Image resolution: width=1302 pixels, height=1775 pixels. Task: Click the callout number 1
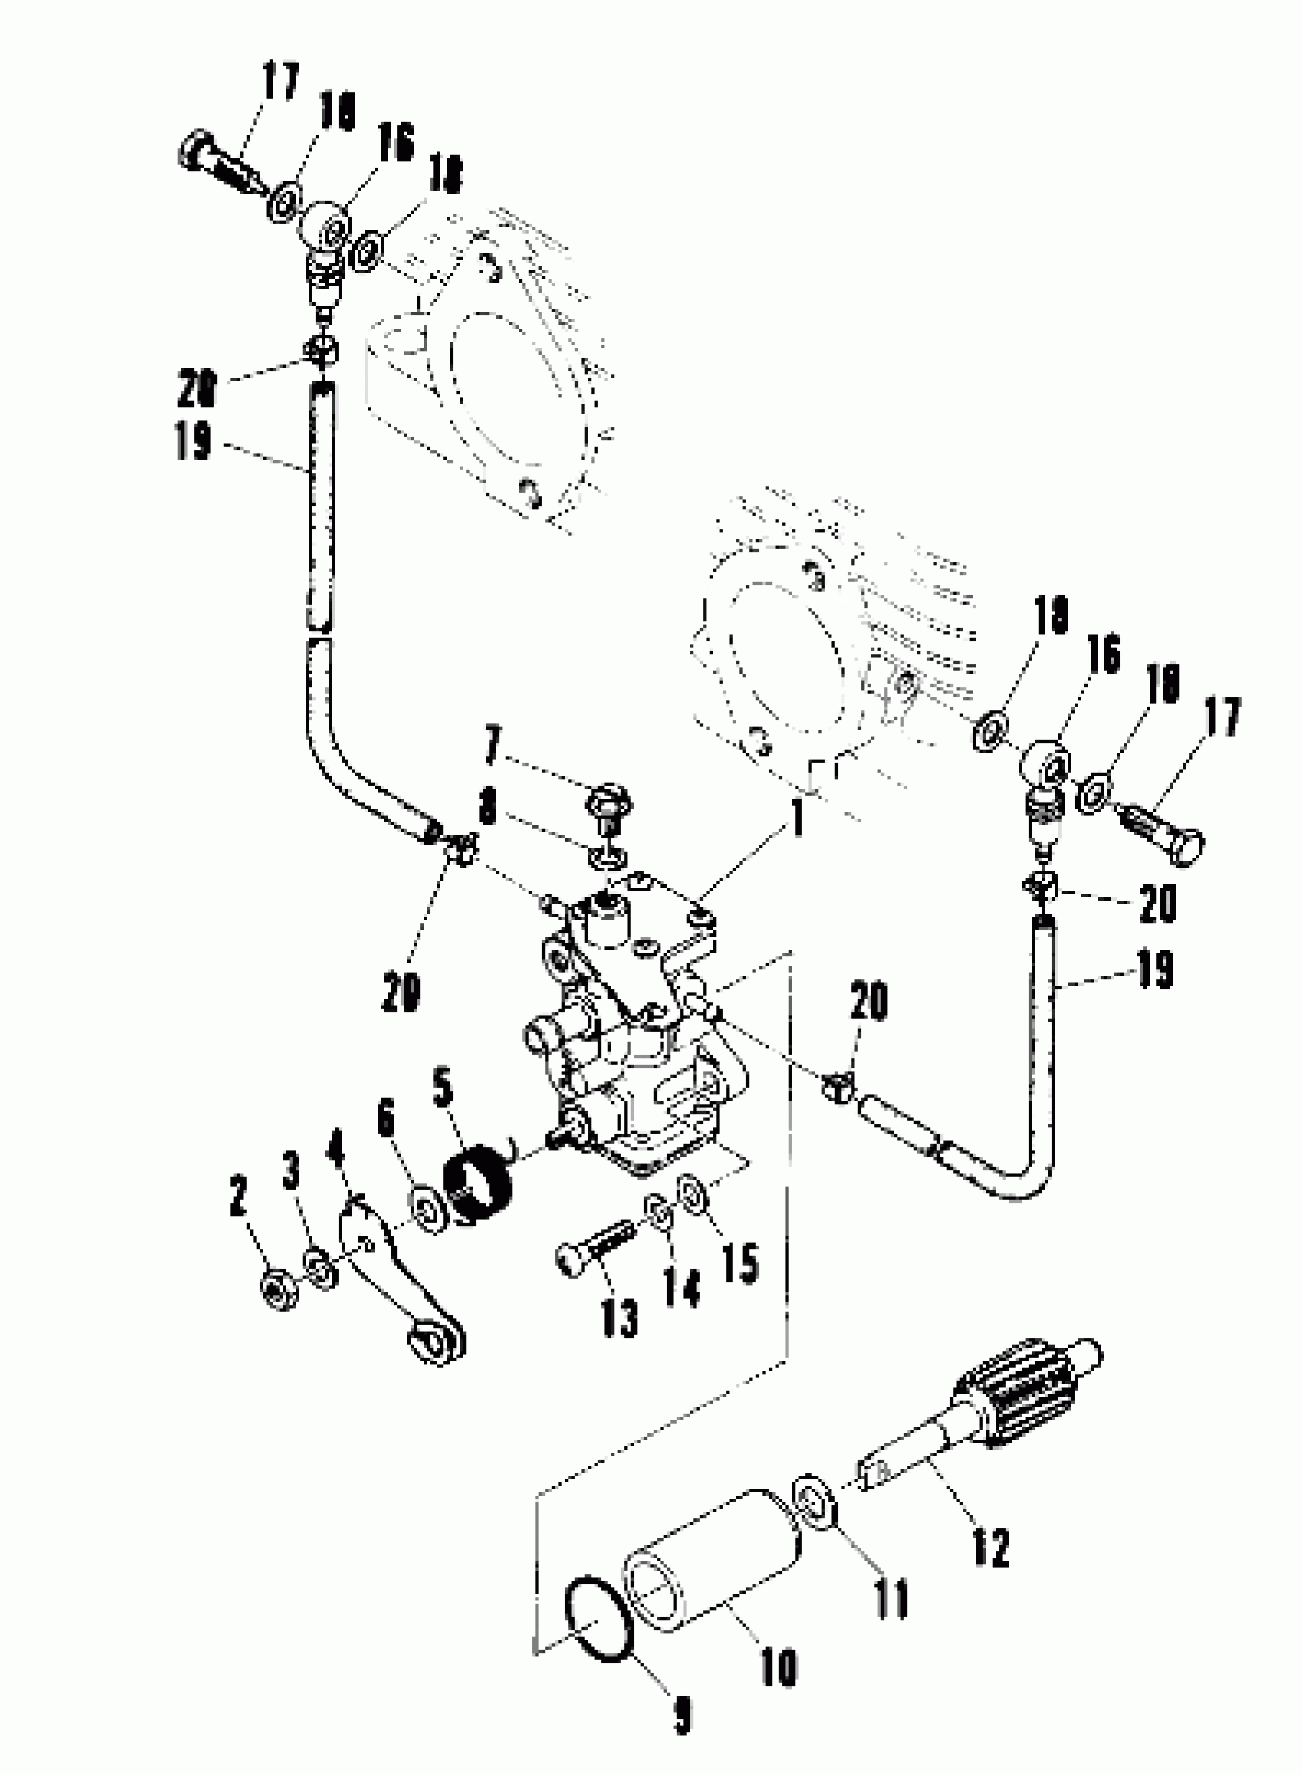click(x=797, y=817)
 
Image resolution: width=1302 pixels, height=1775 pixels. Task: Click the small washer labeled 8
click(x=606, y=856)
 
